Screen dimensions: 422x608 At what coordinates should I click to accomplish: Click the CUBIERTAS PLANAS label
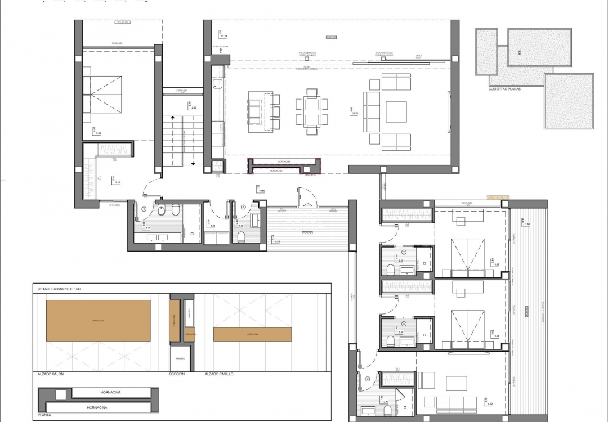[x=504, y=88]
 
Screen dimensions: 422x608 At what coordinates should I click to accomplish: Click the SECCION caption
[x=177, y=374]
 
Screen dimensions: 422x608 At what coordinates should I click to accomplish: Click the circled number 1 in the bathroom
[x=144, y=208]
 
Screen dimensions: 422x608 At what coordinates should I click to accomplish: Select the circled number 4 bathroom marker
[x=368, y=379]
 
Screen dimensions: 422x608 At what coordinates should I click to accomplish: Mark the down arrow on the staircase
[x=193, y=163]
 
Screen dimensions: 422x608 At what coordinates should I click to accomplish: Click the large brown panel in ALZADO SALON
[x=98, y=320]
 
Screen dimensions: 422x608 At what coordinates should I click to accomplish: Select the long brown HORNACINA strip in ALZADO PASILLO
[x=252, y=334]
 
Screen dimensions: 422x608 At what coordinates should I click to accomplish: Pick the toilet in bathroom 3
[x=390, y=340]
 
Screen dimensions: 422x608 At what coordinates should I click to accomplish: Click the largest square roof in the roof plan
[x=569, y=101]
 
